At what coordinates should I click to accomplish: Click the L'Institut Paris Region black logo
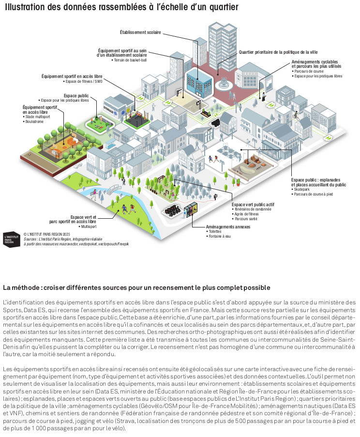[11, 239]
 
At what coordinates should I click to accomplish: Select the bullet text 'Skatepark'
[302, 189]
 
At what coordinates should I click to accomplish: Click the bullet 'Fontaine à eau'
[217, 236]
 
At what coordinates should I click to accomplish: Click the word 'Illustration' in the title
[25, 8]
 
